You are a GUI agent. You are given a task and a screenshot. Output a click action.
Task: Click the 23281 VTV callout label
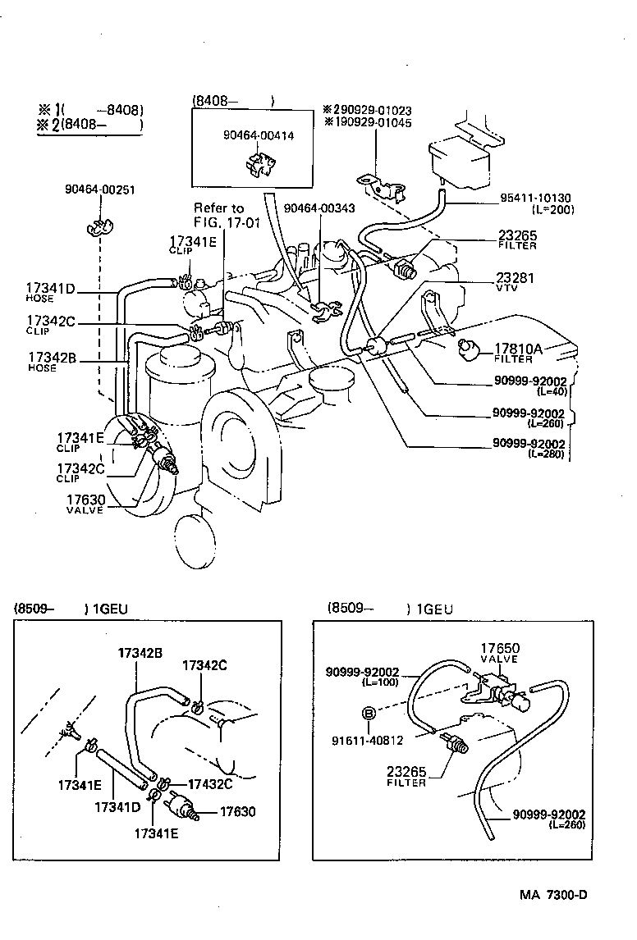pos(515,282)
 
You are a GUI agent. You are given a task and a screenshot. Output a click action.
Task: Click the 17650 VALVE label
pos(500,653)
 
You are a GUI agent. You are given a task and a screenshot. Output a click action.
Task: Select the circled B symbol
pos(369,714)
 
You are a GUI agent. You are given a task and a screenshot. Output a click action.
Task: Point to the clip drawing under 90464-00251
pos(99,226)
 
